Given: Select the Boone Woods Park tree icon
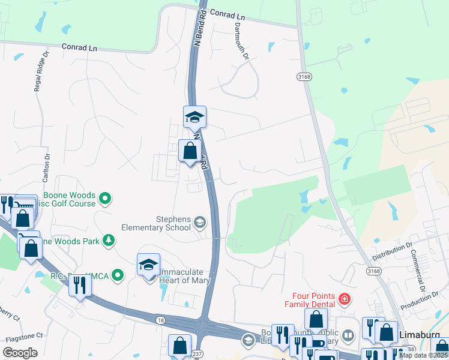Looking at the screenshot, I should pyautogui.click(x=109, y=241).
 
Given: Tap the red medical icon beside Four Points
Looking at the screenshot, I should pyautogui.click(x=344, y=298).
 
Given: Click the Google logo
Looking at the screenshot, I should pyautogui.click(x=19, y=353).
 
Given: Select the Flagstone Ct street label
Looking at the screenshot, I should pyautogui.click(x=22, y=337).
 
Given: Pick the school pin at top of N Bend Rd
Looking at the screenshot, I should pyautogui.click(x=194, y=117).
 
